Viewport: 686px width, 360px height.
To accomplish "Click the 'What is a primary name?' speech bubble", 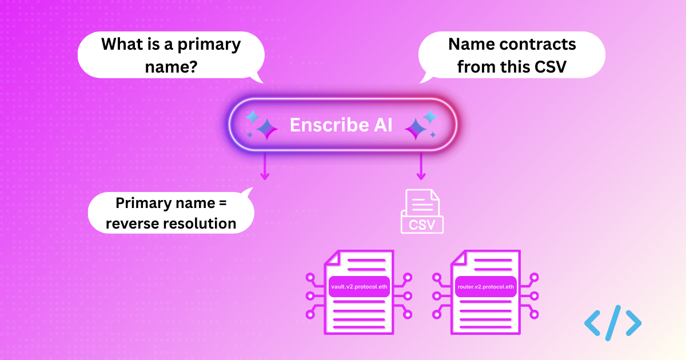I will click(171, 55).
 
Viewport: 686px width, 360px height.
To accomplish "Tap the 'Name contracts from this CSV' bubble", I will click(512, 55).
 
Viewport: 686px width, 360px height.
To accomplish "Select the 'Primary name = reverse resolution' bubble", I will click(171, 213).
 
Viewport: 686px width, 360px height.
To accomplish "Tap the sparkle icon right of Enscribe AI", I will click(421, 125).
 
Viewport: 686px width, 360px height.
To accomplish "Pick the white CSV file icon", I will click(422, 211).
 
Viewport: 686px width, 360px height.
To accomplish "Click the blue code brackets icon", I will click(613, 323).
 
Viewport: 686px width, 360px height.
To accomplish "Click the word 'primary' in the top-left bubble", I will click(211, 44).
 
